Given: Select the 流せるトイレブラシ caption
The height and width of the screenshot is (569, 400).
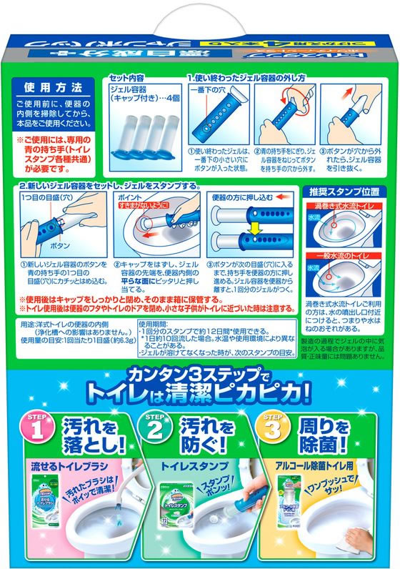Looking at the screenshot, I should click(x=66, y=465).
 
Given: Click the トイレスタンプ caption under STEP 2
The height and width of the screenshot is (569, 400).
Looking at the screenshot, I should click(x=187, y=465).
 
